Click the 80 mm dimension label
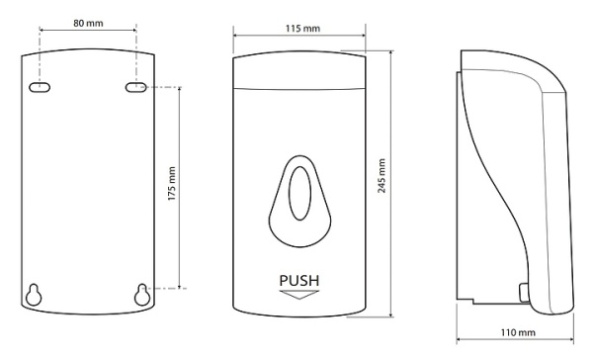tap(88, 23)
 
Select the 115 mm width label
tap(302, 29)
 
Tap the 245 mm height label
tap(381, 176)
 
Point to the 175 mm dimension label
tap(172, 183)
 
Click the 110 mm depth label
tap(518, 332)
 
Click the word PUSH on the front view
tap(299, 281)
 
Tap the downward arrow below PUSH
tap(299, 295)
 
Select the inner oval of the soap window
tap(299, 193)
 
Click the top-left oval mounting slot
tap(40, 87)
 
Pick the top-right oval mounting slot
tap(135, 87)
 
